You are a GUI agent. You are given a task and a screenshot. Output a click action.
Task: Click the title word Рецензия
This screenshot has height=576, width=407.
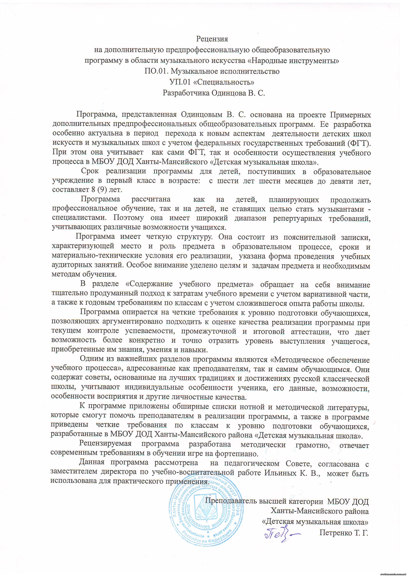(x=212, y=39)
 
